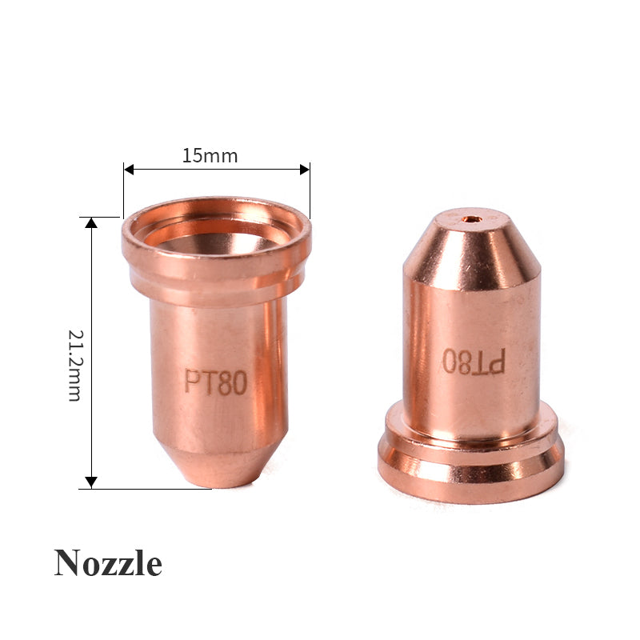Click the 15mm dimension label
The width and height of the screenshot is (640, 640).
210,156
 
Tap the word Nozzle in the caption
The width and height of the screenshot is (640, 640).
108,563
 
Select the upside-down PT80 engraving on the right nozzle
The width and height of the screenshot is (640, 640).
474,362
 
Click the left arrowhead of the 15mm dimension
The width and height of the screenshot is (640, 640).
129,169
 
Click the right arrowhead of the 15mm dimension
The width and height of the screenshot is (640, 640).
304,169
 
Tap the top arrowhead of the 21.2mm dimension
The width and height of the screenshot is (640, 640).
91,222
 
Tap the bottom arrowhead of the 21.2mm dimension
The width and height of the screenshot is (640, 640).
91,482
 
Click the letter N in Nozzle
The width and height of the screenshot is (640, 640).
67,563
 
